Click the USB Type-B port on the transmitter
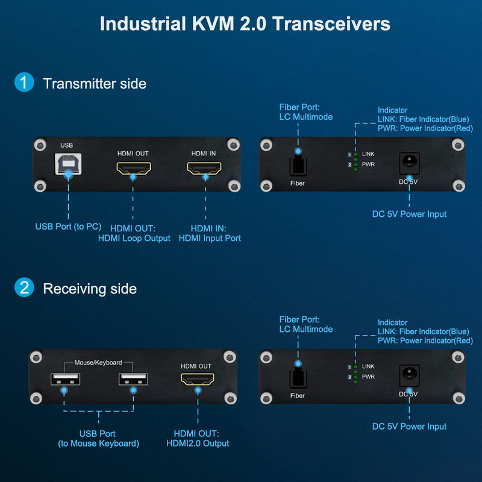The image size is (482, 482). click(x=68, y=164)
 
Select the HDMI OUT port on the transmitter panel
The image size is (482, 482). click(x=134, y=168)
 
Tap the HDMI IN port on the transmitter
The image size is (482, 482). click(x=204, y=168)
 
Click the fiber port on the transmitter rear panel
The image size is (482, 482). click(x=298, y=165)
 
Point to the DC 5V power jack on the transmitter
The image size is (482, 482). click(x=409, y=163)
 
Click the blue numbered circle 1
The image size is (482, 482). click(x=24, y=82)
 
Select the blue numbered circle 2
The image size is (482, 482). click(x=24, y=287)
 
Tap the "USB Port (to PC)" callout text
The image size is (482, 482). click(x=68, y=227)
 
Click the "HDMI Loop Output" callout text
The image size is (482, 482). click(x=134, y=238)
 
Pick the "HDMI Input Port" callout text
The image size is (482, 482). click(x=210, y=238)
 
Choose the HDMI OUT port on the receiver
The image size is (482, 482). click(x=198, y=380)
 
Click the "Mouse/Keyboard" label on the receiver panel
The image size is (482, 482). click(x=98, y=363)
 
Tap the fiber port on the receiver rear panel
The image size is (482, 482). click(x=298, y=378)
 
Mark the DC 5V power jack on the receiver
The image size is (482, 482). click(x=409, y=375)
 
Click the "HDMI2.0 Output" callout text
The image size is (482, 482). click(x=198, y=443)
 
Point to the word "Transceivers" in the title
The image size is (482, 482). click(x=331, y=23)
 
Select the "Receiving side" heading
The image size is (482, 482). click(x=90, y=289)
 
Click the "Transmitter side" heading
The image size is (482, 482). click(x=95, y=84)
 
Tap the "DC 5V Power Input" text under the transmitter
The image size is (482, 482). click(x=409, y=214)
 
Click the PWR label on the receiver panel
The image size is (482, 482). click(x=368, y=377)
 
